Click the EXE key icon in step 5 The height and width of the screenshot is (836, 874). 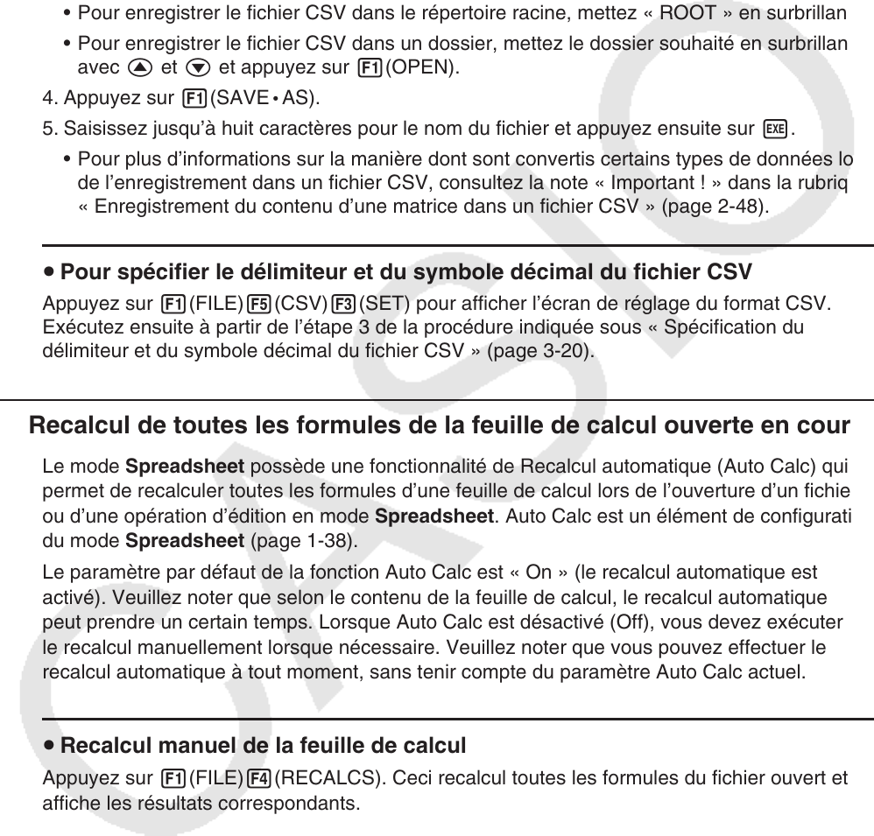click(x=772, y=130)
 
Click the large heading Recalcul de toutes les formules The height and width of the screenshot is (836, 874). click(x=439, y=425)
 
